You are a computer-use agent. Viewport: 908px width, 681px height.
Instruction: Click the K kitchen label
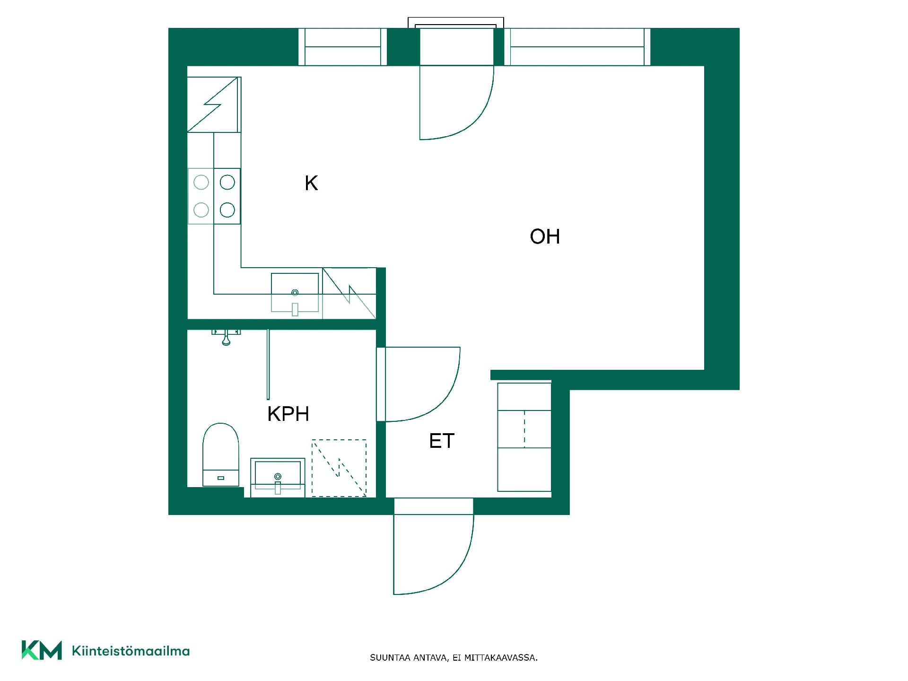click(x=311, y=183)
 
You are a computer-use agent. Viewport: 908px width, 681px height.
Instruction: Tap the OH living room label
click(x=545, y=236)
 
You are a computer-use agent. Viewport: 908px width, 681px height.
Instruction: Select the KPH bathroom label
click(x=288, y=414)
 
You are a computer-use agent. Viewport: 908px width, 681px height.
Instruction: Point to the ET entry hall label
click(x=442, y=441)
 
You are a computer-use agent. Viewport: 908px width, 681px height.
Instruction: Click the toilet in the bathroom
click(x=221, y=454)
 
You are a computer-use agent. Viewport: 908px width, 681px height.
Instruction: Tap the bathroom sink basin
click(x=278, y=477)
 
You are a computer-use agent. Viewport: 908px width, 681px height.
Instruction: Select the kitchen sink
click(x=295, y=293)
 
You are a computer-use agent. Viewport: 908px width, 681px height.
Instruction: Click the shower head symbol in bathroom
click(x=226, y=337)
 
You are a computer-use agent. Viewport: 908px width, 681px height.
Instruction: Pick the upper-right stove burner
click(x=227, y=182)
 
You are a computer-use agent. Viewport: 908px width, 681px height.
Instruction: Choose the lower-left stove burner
click(x=201, y=210)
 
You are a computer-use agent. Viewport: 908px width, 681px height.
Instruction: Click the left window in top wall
click(x=343, y=47)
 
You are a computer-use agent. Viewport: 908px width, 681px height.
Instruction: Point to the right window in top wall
click(x=577, y=47)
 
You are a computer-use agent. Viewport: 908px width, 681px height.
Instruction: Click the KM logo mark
click(x=42, y=650)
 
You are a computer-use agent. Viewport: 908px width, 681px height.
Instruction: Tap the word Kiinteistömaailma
click(x=131, y=651)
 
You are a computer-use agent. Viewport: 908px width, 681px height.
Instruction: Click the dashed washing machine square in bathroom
click(x=339, y=468)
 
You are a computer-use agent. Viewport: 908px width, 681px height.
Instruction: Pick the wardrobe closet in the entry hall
click(x=524, y=437)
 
